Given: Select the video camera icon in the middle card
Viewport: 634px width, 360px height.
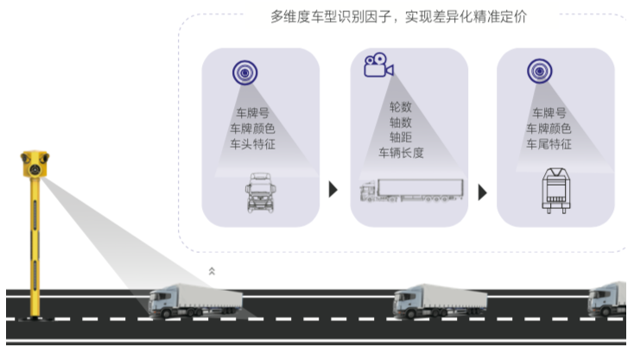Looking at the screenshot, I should (x=377, y=66).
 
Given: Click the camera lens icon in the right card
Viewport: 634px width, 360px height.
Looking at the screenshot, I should (x=540, y=71).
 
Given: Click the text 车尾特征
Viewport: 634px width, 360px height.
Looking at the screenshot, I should (x=548, y=144).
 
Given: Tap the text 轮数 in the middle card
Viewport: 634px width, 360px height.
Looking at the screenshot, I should (x=401, y=106).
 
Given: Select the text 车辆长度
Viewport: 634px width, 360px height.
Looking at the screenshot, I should (x=401, y=153).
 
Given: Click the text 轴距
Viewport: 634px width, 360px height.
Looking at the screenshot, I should (x=401, y=137).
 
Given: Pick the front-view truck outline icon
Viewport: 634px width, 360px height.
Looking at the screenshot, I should (x=260, y=191).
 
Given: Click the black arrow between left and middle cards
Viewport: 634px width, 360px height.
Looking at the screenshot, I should (x=333, y=189).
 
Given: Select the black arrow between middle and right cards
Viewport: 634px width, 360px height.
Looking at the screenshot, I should (x=482, y=192).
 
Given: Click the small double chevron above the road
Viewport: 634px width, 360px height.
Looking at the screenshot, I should (x=212, y=271).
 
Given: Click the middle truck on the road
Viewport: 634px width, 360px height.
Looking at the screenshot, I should (x=440, y=300).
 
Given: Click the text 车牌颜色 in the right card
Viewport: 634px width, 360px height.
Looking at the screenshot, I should (x=548, y=129).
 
